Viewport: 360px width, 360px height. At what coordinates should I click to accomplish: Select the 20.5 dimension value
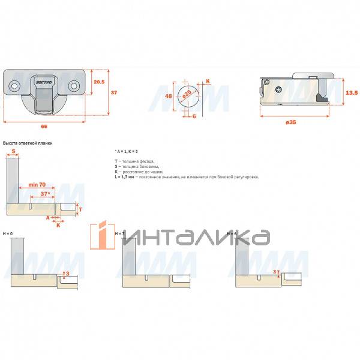[100, 83]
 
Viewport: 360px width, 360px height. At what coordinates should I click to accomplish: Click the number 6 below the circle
[194, 116]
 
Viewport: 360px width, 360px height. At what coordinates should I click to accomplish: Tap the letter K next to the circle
[208, 81]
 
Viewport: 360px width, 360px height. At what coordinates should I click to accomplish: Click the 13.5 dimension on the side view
[352, 92]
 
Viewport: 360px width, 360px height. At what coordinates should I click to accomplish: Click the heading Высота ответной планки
[28, 143]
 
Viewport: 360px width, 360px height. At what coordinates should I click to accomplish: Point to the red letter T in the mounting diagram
[80, 209]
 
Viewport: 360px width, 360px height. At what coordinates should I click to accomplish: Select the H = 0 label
[8, 233]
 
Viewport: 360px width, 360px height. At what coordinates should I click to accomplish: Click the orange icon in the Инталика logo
[101, 233]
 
